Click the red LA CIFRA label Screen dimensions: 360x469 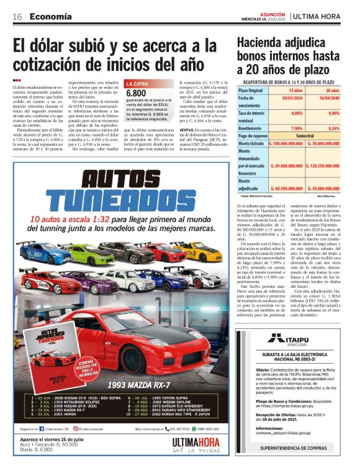pyautogui.click(x=137, y=83)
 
